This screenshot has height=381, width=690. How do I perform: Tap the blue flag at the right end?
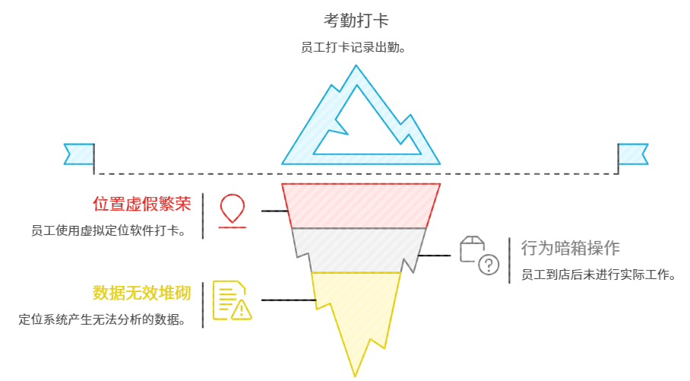[632, 154]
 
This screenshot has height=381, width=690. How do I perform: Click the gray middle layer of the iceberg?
[357, 249]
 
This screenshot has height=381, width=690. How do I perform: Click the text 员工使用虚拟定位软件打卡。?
[109, 230]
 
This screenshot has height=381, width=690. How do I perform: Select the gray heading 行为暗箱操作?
[570, 248]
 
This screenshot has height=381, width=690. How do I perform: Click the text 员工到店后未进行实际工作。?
[598, 274]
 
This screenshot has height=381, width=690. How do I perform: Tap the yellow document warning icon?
[231, 300]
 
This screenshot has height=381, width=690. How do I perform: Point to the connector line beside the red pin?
[274, 211]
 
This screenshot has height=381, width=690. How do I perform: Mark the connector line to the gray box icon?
[435, 256]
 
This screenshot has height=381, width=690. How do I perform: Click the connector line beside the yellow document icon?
[288, 300]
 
